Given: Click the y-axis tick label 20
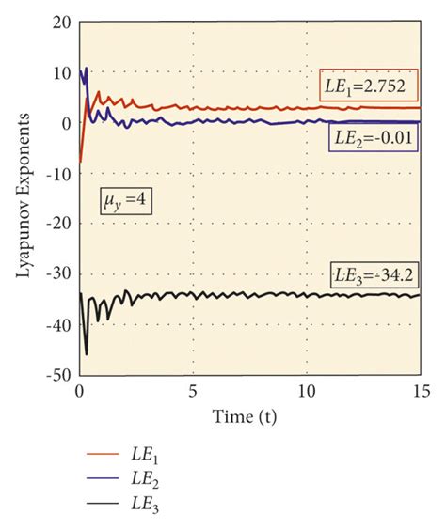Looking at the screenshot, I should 59,23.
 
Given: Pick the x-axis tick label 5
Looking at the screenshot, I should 193,390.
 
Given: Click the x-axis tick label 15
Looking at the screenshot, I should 418,390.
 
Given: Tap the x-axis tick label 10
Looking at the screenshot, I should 306,390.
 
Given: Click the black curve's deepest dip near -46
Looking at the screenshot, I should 87,353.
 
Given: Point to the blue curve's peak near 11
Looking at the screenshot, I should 86,69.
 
